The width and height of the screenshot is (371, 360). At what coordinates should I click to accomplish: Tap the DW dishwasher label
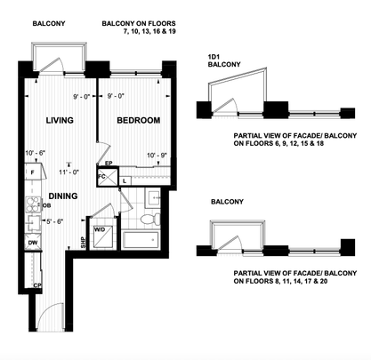(x=32, y=241)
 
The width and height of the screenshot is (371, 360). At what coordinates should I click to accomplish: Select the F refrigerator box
(x=32, y=173)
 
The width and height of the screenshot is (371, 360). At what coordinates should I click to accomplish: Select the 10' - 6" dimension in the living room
(x=35, y=153)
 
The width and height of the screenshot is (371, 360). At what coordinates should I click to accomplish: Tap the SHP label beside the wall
(x=83, y=245)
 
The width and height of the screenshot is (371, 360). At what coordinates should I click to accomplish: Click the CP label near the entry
(x=37, y=284)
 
